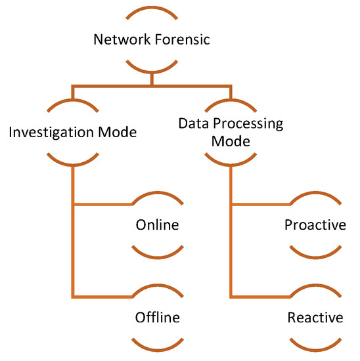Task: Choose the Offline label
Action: click(x=157, y=318)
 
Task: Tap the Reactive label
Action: click(x=315, y=318)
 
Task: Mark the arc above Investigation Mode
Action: click(x=73, y=104)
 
